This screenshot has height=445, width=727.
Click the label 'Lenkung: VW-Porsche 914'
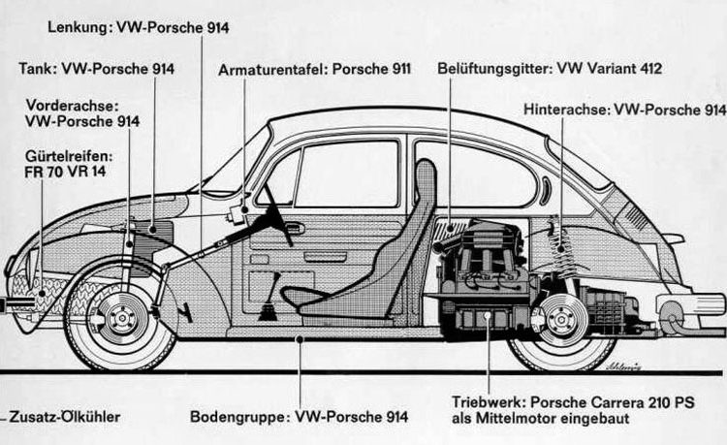pos(138,27)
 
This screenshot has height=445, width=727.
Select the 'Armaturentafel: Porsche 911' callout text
pos(315,69)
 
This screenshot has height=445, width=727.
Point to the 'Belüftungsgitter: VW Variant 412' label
pos(537,69)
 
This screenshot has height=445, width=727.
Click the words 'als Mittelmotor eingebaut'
pos(540,419)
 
